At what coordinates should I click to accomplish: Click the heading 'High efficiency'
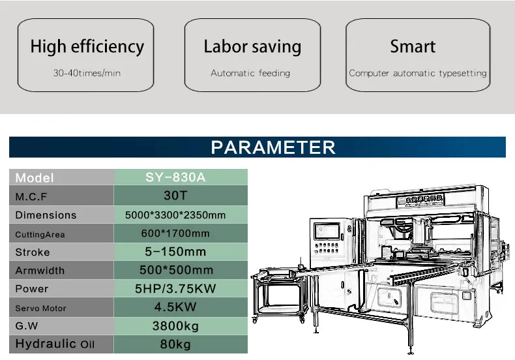tap(87, 47)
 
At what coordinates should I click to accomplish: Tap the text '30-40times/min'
tap(87, 73)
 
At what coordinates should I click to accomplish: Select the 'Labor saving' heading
tap(252, 47)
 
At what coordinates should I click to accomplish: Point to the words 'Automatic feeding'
tap(250, 73)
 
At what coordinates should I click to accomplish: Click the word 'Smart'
tap(412, 47)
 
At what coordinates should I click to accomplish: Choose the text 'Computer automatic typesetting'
tap(418, 73)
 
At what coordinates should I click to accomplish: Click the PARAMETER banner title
tap(273, 147)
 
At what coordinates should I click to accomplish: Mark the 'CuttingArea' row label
tap(40, 234)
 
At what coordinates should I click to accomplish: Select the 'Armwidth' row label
tap(41, 271)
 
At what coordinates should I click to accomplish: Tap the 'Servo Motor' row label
tap(40, 308)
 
